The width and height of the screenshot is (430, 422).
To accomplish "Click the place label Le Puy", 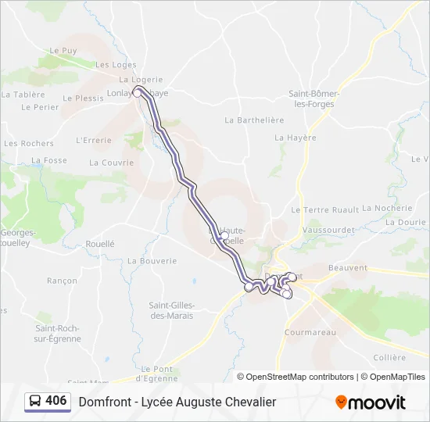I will click(x=63, y=51).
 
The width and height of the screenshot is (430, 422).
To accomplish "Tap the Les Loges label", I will click(x=116, y=65).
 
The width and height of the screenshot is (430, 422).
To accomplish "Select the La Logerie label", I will click(x=141, y=80).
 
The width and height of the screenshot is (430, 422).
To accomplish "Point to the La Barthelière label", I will click(x=254, y=120).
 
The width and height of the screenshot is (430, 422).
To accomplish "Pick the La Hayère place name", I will click(x=296, y=138).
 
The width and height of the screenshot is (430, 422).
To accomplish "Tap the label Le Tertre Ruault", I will click(x=324, y=209).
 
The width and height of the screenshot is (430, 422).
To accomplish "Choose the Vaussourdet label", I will click(x=328, y=231).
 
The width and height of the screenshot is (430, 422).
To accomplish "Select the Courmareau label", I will click(x=310, y=332).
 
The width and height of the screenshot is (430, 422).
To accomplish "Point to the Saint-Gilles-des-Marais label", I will click(x=172, y=309).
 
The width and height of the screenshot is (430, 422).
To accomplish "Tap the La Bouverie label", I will click(x=152, y=261).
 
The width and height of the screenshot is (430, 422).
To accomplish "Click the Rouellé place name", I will click(x=100, y=244).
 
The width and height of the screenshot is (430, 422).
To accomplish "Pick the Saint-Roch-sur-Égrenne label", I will click(x=58, y=334).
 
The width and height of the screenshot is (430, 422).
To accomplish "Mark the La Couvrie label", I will click(x=111, y=163).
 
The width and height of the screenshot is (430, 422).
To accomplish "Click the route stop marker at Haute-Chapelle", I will click(x=224, y=235).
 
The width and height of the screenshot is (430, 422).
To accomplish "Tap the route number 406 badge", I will click(x=48, y=402).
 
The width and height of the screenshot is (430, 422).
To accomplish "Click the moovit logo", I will click(x=371, y=402).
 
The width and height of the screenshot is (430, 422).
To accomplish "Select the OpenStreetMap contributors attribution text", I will click(x=299, y=377).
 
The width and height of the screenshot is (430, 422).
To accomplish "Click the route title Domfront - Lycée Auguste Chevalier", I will click(x=177, y=402).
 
